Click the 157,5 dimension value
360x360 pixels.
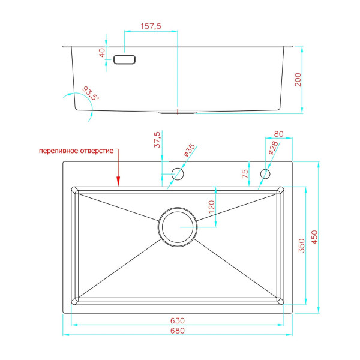[150, 26]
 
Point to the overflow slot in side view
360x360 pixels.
[125, 59]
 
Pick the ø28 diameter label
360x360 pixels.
[273, 149]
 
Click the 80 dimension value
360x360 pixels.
[278, 134]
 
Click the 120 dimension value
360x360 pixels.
[211, 208]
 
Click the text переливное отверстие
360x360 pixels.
[76, 150]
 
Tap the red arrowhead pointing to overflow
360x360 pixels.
[119, 181]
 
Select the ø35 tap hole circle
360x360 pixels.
[178, 174]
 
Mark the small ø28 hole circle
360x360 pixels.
[265, 174]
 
